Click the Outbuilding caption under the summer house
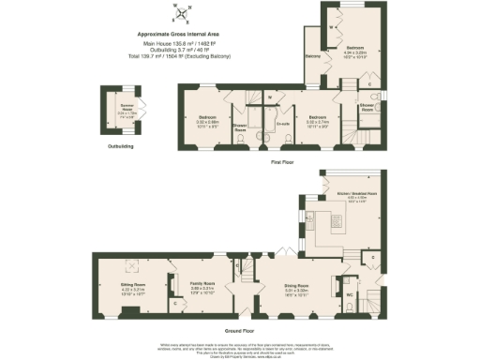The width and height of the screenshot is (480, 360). pos(121,146)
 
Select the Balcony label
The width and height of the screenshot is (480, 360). pos(313,56)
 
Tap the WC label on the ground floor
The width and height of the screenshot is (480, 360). pos(349,295)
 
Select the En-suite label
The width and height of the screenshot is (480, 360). pos(281,121)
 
